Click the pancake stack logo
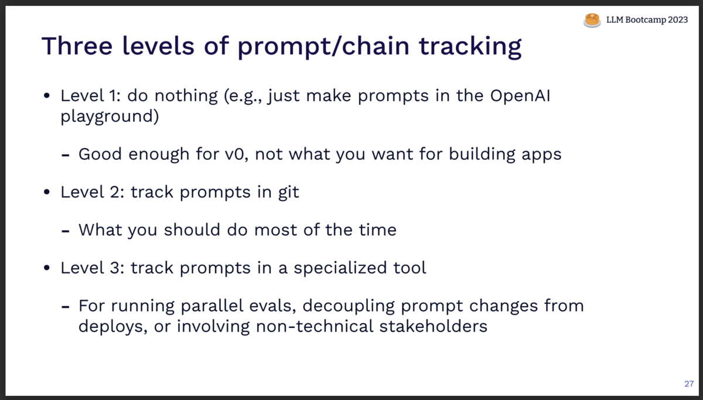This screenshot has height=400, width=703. coord(592,20)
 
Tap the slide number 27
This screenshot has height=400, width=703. coord(689,384)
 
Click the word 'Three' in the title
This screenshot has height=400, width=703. coord(77,46)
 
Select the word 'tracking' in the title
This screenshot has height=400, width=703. coord(470,47)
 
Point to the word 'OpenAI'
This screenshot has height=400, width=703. coord(520,95)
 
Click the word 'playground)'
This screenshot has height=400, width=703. coord(110,117)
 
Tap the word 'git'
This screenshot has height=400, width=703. coord(289,192)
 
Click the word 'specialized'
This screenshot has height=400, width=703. coord(340,268)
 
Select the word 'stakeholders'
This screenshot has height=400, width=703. coord(433,326)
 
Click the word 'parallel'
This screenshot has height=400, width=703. coord(212,306)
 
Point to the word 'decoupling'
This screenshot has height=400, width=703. coord(349,306)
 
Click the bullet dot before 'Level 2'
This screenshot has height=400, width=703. coord(47,192)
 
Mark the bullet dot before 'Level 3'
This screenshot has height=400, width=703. coord(47,268)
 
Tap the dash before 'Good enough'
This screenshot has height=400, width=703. coord(65,155)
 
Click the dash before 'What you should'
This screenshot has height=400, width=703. coord(65,231)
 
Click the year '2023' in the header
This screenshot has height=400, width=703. coord(678,20)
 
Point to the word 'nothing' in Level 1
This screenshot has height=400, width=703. coord(186,95)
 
